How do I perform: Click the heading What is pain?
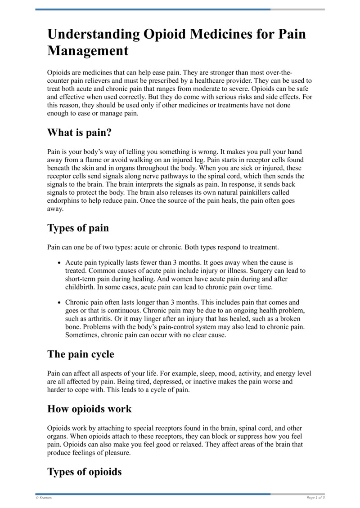tap(79, 134)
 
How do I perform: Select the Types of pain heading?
tap(78, 228)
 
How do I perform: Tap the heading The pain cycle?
tap(81, 354)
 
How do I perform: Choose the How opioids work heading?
tap(90, 409)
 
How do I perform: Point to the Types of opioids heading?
tap(85, 472)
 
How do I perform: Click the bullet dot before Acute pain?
tap(59, 262)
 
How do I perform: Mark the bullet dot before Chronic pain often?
tap(59, 303)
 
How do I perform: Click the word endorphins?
tap(65, 201)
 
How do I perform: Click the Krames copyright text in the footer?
tap(44, 498)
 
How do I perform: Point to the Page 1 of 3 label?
tap(315, 498)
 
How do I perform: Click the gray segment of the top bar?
tap(297, 9)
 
